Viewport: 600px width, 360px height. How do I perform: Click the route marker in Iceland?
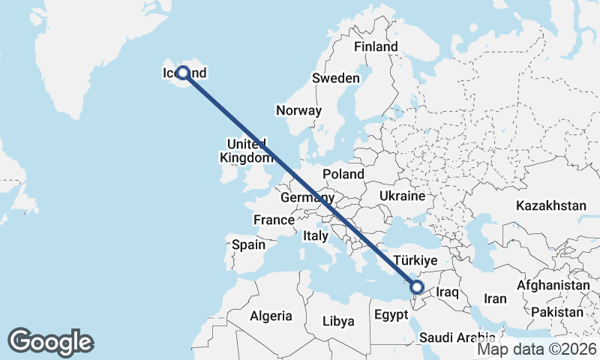click(x=182, y=73)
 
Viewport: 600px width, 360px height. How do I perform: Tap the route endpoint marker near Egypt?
click(x=418, y=287)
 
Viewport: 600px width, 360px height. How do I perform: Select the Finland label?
click(x=376, y=46)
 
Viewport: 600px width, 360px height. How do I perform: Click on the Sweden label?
click(x=336, y=78)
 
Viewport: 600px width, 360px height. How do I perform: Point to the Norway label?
click(x=298, y=110)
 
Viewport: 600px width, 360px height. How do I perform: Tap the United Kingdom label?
click(x=247, y=151)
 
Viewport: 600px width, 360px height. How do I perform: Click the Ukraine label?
click(x=403, y=195)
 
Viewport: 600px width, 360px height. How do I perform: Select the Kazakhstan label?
click(x=550, y=205)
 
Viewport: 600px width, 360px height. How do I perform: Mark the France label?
click(x=273, y=220)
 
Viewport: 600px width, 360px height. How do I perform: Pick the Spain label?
click(x=248, y=244)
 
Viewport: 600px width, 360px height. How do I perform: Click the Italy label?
click(x=316, y=235)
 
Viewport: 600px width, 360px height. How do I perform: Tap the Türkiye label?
click(x=415, y=259)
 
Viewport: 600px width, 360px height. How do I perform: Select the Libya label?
click(x=337, y=321)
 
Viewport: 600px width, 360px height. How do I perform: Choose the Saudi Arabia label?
click(x=457, y=337)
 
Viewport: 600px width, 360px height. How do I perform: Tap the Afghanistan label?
click(x=553, y=286)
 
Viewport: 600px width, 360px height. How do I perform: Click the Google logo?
click(x=50, y=341)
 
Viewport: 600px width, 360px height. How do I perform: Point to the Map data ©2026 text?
click(x=536, y=349)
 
